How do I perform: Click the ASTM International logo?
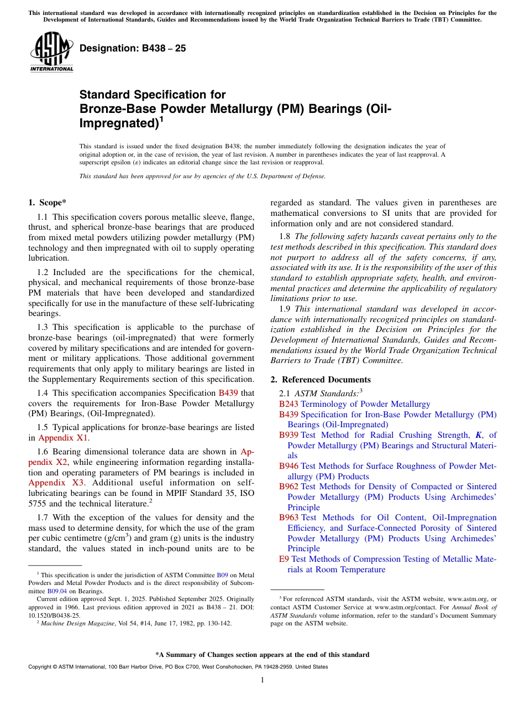(52, 53)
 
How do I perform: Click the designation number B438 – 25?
(133, 49)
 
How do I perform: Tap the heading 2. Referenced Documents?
(321, 380)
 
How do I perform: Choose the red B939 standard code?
(288, 435)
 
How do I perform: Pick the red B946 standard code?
(288, 466)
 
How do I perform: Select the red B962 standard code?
(288, 486)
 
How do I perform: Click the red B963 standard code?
(288, 517)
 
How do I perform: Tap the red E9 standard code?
(284, 559)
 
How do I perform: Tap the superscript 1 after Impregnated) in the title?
(161, 118)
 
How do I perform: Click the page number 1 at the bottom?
(262, 680)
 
